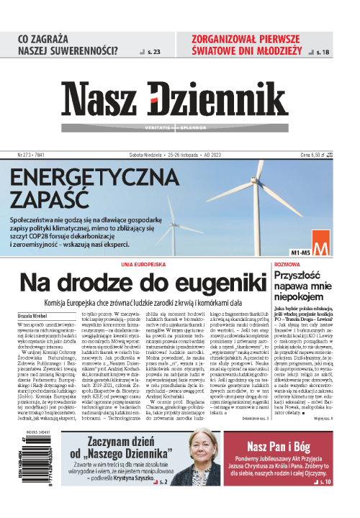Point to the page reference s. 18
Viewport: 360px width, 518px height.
325,52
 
